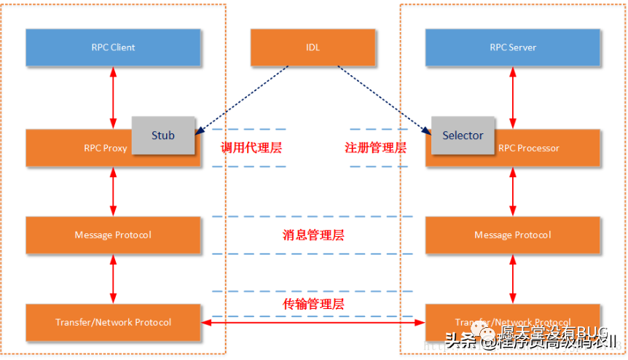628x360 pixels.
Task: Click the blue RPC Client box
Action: (x=113, y=47)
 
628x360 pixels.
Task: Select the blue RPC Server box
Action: (x=513, y=47)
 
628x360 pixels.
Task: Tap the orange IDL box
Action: (x=313, y=47)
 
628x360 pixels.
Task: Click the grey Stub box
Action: (x=163, y=135)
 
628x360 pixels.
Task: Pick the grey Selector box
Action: (x=463, y=135)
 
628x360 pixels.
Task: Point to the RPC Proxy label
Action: (x=106, y=149)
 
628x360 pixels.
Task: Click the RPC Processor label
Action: (x=529, y=149)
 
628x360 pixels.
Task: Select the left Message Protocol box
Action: (x=113, y=235)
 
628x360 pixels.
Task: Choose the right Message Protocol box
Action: (x=513, y=235)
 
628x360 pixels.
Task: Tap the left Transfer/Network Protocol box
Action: (x=113, y=322)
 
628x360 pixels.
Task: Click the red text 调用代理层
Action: (x=251, y=148)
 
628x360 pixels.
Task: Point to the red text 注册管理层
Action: (x=375, y=148)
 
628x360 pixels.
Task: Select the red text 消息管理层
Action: (x=313, y=235)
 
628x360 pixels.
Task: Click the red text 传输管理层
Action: (x=313, y=304)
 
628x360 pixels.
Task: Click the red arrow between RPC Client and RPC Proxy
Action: (x=113, y=98)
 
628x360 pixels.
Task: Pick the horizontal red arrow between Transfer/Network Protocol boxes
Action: (x=313, y=322)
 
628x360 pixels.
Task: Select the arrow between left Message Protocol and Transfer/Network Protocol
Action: (x=113, y=278)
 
